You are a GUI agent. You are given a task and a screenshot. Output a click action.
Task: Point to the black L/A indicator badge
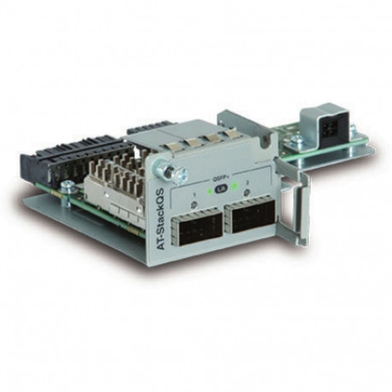pos(221,187)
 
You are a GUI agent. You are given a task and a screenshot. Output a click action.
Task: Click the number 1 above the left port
pos(195,195)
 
